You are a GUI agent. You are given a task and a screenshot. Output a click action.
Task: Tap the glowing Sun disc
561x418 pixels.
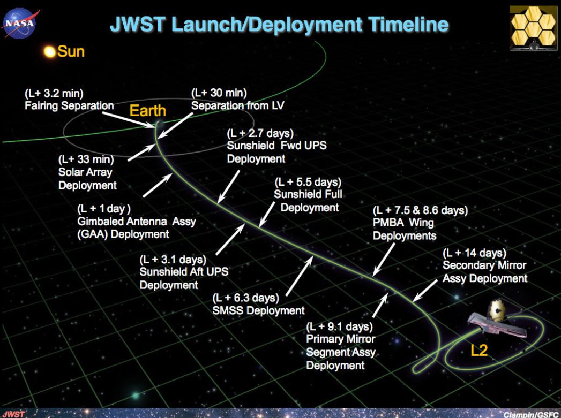(x=50, y=52)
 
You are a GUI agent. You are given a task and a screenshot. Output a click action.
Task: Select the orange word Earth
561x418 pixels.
(x=148, y=111)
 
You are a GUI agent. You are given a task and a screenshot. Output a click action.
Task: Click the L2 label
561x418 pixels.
(x=479, y=351)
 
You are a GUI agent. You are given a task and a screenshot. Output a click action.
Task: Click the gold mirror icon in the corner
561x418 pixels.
(x=533, y=28)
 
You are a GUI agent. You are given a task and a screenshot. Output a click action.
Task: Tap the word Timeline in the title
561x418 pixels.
(x=408, y=24)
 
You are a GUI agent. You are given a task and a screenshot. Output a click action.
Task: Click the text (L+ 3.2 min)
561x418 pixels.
(x=54, y=94)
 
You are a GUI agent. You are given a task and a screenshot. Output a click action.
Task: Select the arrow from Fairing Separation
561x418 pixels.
(x=128, y=119)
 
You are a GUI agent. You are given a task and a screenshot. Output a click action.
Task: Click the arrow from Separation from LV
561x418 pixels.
(x=175, y=125)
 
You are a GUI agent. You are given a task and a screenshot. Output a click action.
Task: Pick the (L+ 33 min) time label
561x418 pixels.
(x=86, y=159)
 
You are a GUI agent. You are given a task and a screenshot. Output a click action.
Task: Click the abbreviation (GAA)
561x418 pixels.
(x=92, y=234)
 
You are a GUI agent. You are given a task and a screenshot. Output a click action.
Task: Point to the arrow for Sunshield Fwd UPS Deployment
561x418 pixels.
(x=229, y=186)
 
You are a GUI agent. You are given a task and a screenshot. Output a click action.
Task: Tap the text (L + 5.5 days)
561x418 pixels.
(x=308, y=182)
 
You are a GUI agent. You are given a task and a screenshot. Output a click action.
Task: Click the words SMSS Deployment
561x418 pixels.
(x=258, y=310)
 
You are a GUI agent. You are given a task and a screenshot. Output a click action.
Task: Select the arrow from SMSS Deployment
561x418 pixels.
(x=300, y=276)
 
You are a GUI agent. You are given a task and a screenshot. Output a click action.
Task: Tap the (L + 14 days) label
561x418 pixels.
(x=474, y=253)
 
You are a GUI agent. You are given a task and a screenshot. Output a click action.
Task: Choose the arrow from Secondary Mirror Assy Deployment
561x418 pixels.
(x=425, y=291)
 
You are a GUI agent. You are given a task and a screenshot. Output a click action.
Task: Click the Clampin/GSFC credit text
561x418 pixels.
(x=531, y=414)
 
